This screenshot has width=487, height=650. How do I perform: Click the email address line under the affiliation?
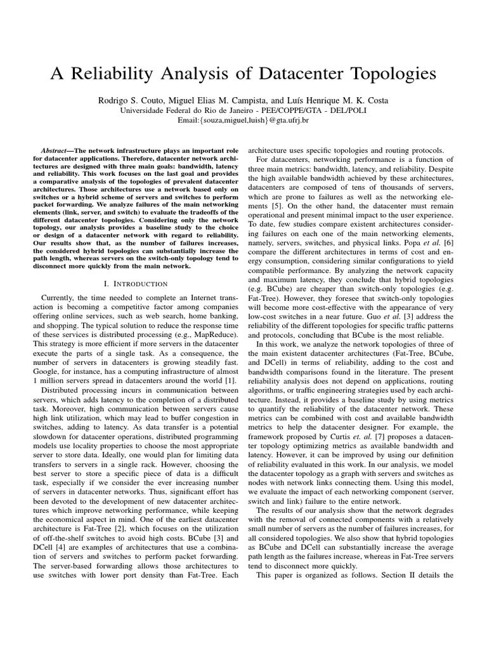click(243, 119)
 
